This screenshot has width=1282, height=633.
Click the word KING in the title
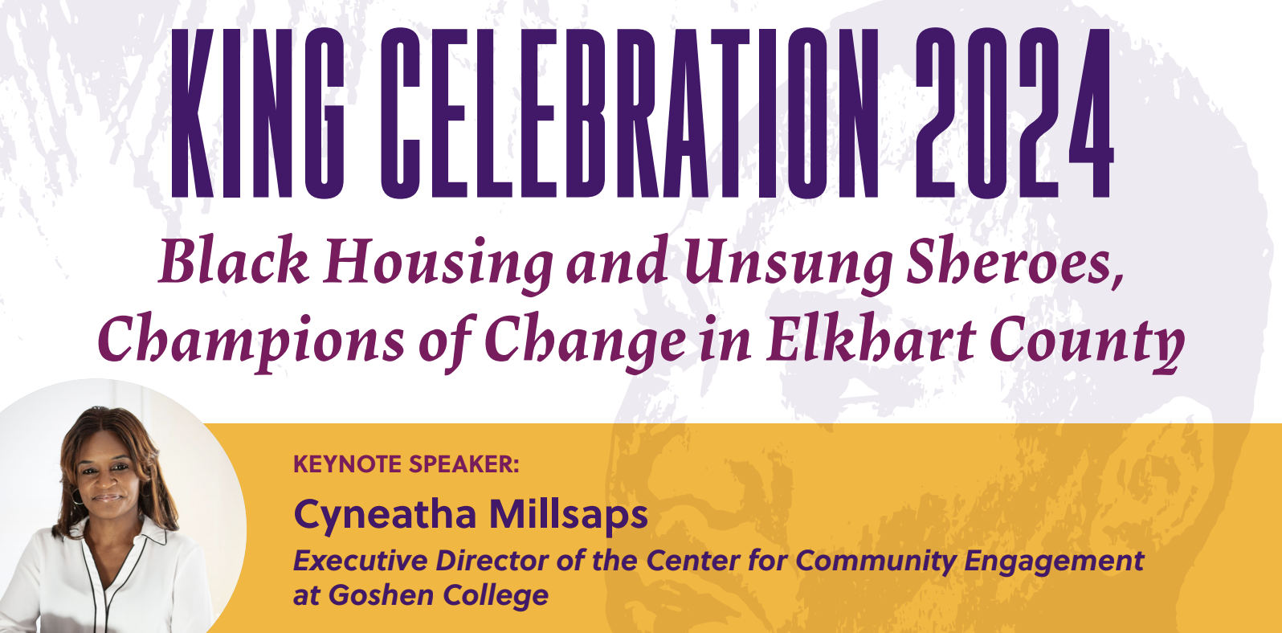pyautogui.click(x=258, y=113)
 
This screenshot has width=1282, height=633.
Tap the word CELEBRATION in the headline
pyautogui.click(x=630, y=113)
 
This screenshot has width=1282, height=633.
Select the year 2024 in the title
pyautogui.click(x=1014, y=113)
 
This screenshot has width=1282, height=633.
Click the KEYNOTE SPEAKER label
pyautogui.click(x=406, y=464)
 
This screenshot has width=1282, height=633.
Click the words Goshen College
pyautogui.click(x=439, y=596)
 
